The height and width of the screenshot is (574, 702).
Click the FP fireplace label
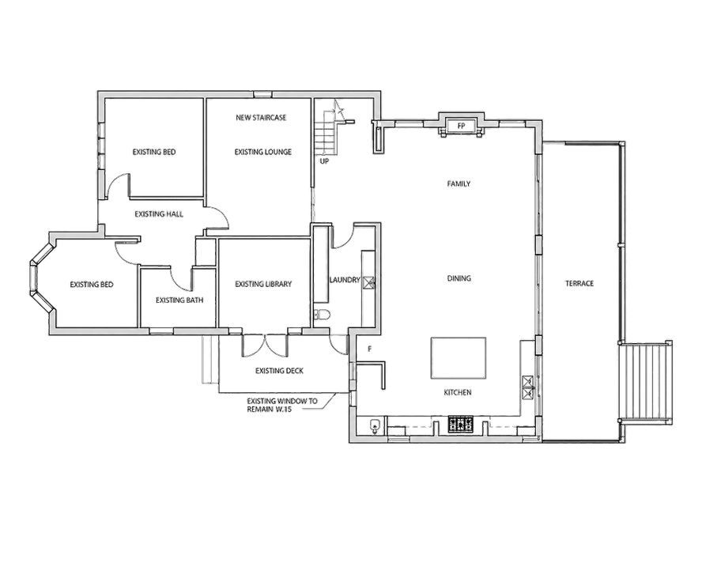click(x=461, y=127)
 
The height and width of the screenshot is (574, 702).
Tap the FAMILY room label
click(x=459, y=183)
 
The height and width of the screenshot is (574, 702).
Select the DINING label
click(x=459, y=278)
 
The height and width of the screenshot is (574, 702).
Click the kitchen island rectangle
click(x=459, y=358)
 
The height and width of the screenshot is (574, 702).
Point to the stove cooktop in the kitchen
click(x=461, y=425)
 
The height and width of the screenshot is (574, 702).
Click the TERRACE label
click(x=579, y=283)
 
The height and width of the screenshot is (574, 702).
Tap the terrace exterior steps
click(x=645, y=381)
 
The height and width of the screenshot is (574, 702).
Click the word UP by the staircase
click(x=324, y=160)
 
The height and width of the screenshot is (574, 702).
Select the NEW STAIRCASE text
click(x=261, y=117)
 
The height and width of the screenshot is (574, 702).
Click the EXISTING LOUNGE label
click(x=262, y=153)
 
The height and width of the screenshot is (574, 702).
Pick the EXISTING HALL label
click(x=159, y=214)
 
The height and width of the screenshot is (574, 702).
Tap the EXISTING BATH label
click(x=179, y=300)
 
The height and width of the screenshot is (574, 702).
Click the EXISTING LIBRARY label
click(x=263, y=284)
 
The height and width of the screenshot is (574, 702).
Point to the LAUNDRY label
click(x=345, y=280)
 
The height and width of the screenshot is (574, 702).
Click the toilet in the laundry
click(x=322, y=315)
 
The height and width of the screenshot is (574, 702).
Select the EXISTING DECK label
click(x=279, y=371)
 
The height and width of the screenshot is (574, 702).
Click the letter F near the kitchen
click(x=370, y=349)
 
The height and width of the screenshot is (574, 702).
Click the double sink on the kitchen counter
click(x=528, y=387)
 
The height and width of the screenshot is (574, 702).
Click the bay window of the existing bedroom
click(x=41, y=278)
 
